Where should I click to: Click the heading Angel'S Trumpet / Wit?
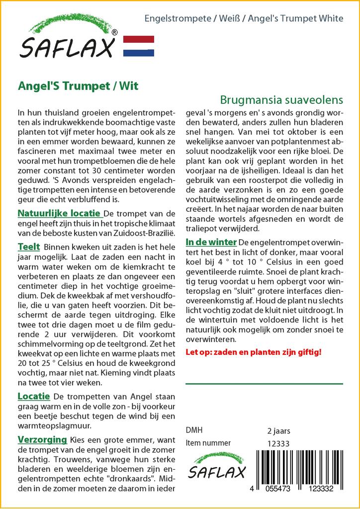[x=78, y=85]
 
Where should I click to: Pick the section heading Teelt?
[x=29, y=247]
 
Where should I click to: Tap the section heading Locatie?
[x=34, y=396]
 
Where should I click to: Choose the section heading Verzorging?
[x=42, y=439]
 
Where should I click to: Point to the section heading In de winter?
[x=211, y=242]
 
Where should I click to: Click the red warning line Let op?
[x=253, y=352]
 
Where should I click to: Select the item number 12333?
[x=278, y=443]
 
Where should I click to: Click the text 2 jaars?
[x=278, y=430]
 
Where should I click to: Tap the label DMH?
[x=194, y=430]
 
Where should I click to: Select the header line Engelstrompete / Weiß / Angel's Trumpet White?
[x=244, y=19]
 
